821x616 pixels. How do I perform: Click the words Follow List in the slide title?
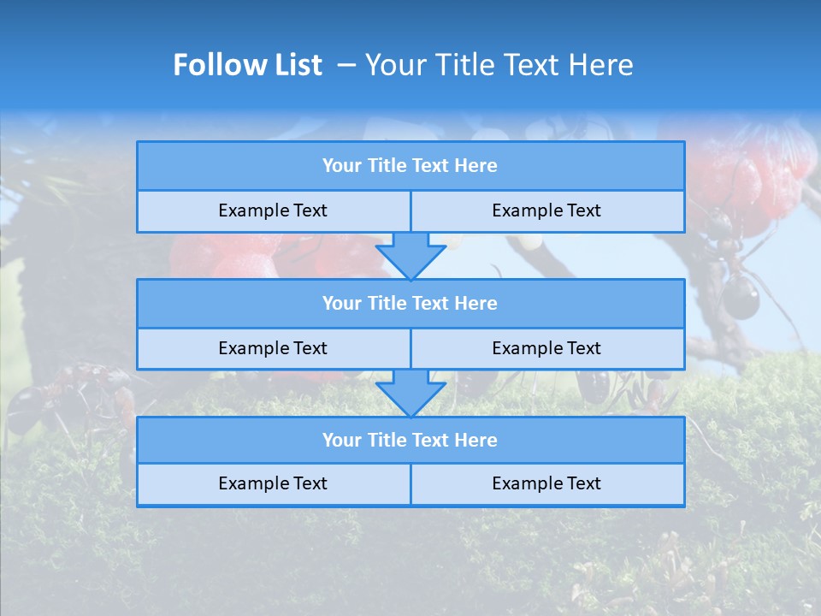pos(247,65)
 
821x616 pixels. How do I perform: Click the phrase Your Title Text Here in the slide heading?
pos(499,65)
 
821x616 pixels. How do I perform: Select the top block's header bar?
pos(410,166)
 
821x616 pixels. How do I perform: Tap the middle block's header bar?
pos(410,304)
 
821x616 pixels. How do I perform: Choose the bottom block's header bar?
pos(410,441)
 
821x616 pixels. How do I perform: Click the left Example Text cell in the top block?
pos(273,211)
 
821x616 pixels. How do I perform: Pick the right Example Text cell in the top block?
pos(546,211)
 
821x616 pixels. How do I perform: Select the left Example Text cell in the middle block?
pos(273,349)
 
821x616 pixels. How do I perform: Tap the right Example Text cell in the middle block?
pos(546,349)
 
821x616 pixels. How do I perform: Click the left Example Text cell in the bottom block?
pos(273,484)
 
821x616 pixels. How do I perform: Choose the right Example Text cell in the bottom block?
pos(546,484)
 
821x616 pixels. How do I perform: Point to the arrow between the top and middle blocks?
pos(410,256)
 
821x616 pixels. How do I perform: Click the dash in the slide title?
pos(346,65)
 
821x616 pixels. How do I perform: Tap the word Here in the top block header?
pos(475,166)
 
